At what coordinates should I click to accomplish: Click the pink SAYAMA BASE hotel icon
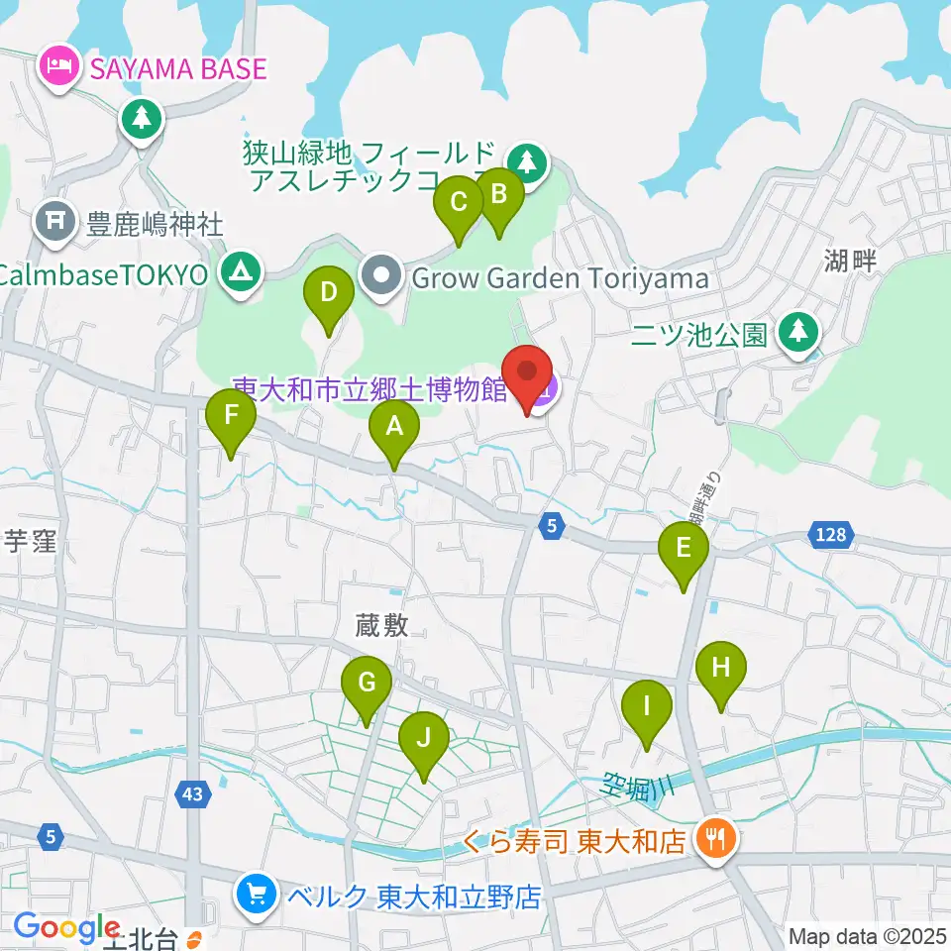pyautogui.click(x=53, y=68)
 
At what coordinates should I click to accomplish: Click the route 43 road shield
pyautogui.click(x=193, y=793)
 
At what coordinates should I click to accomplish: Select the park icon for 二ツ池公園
pyautogui.click(x=797, y=333)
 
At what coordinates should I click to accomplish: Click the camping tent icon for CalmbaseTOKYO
pyautogui.click(x=239, y=273)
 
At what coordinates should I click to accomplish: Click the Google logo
pyautogui.click(x=66, y=927)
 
